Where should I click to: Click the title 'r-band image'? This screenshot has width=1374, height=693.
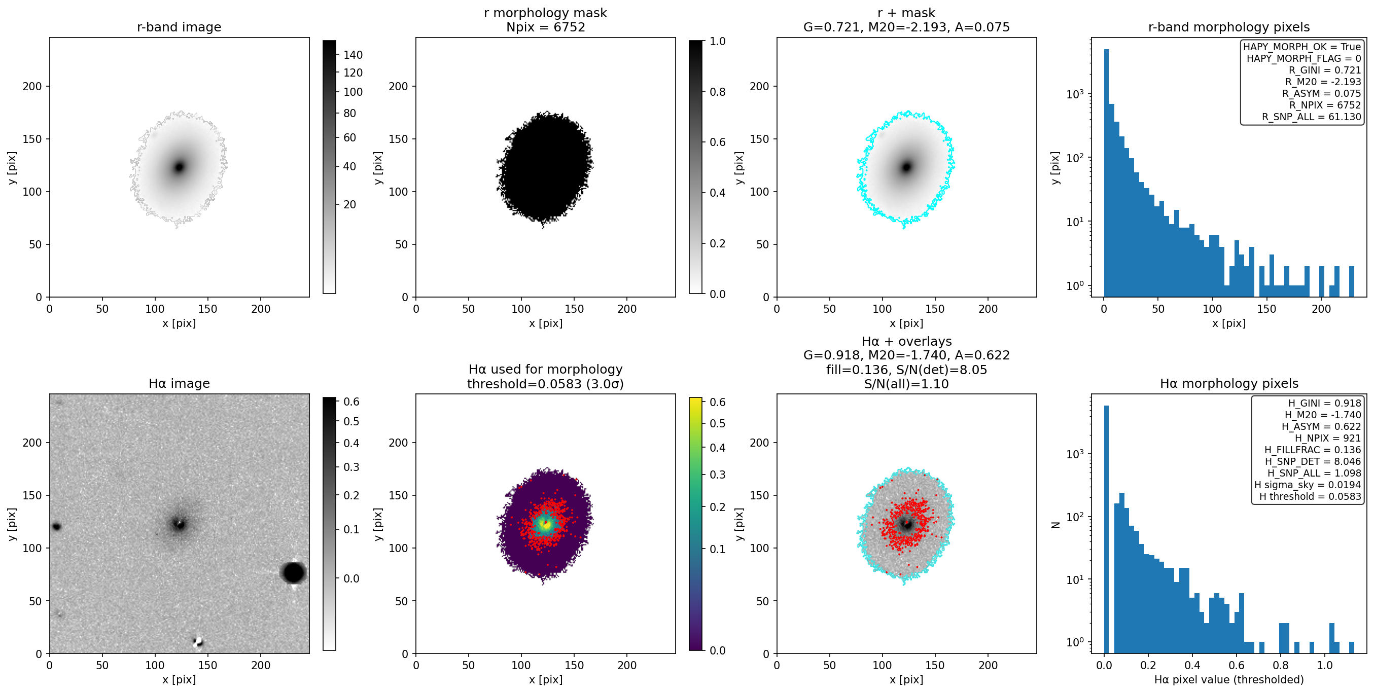(x=179, y=27)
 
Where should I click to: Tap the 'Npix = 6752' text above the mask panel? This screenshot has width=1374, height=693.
(x=545, y=27)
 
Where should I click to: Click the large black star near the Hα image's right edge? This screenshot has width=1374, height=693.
(x=293, y=572)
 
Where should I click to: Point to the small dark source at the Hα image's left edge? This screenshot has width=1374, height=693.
(x=56, y=527)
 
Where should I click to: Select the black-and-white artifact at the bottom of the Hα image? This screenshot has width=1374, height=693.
(x=198, y=641)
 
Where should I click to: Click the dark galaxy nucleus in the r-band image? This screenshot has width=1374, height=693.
(x=179, y=167)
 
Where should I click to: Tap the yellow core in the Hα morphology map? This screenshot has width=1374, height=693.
(x=545, y=525)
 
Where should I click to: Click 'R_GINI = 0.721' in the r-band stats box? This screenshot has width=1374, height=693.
(x=1324, y=70)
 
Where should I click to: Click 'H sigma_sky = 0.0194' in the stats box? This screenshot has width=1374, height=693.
(x=1308, y=485)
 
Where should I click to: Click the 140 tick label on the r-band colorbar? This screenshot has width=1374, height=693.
(x=353, y=55)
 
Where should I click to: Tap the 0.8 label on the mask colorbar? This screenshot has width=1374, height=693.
(x=717, y=92)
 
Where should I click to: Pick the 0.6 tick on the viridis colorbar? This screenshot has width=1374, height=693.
(x=717, y=402)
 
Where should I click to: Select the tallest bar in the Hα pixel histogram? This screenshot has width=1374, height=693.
(x=1106, y=529)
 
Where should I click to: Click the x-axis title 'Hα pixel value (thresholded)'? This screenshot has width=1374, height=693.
(x=1229, y=680)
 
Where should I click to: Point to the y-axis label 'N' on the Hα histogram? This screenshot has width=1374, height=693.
(x=1055, y=525)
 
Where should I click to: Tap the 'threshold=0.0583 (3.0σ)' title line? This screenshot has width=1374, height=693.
(x=545, y=384)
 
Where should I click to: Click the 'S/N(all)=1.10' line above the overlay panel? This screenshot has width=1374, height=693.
(x=906, y=384)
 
